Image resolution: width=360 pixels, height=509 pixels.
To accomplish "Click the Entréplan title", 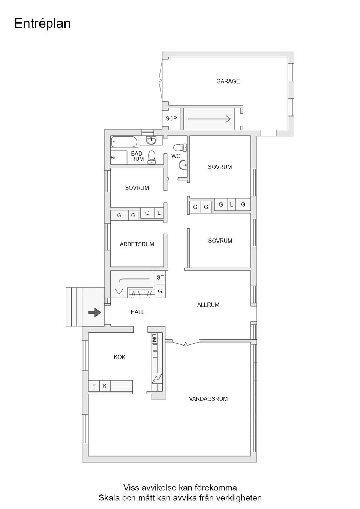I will click(42, 24).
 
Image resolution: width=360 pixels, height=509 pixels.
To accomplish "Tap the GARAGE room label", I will click(228, 81).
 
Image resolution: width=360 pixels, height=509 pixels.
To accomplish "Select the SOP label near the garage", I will click(171, 118).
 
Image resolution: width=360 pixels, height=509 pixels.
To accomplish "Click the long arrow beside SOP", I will click(209, 119).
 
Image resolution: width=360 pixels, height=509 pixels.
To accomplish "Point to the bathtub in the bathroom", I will click(124, 142).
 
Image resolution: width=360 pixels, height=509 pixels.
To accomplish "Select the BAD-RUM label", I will click(137, 156).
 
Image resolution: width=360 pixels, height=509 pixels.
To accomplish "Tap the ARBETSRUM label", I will click(137, 244).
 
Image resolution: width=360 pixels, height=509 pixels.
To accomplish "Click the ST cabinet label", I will click(160, 278).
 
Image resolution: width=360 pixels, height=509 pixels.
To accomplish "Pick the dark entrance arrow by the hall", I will click(95, 312).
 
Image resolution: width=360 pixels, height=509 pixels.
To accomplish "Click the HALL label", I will click(137, 312).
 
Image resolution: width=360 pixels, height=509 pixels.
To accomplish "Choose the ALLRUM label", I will click(208, 305).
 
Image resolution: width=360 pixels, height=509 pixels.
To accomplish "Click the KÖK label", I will click(120, 357).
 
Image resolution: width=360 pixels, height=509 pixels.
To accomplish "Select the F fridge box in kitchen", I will click(94, 386).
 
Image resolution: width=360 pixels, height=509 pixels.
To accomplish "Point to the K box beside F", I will click(105, 386).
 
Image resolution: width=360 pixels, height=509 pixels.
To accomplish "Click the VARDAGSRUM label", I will click(208, 399).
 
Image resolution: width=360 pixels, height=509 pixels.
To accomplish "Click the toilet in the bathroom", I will click(151, 157).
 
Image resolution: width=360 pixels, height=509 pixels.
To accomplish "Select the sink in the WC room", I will click(183, 164).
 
